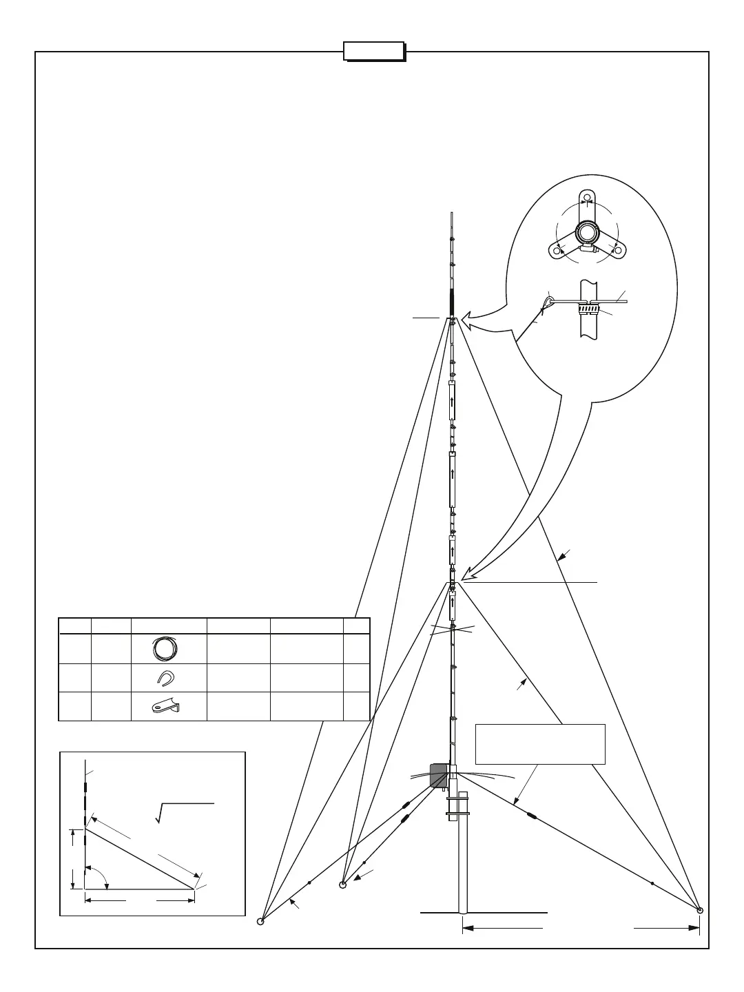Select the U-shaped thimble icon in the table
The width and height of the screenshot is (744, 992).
pyautogui.click(x=164, y=679)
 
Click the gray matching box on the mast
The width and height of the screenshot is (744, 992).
pyautogui.click(x=438, y=775)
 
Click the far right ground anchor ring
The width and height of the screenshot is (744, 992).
pyautogui.click(x=700, y=910)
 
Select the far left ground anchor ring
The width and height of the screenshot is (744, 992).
pyautogui.click(x=260, y=922)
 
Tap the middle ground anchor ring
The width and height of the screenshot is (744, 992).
pyautogui.click(x=342, y=885)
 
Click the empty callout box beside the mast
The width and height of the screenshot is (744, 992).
pyautogui.click(x=540, y=744)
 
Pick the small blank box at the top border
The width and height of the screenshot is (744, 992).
pyautogui.click(x=374, y=51)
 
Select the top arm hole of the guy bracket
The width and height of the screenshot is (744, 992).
pyautogui.click(x=587, y=198)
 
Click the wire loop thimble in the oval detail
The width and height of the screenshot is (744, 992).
pyautogui.click(x=548, y=302)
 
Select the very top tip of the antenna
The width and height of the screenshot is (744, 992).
pyautogui.click(x=451, y=214)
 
